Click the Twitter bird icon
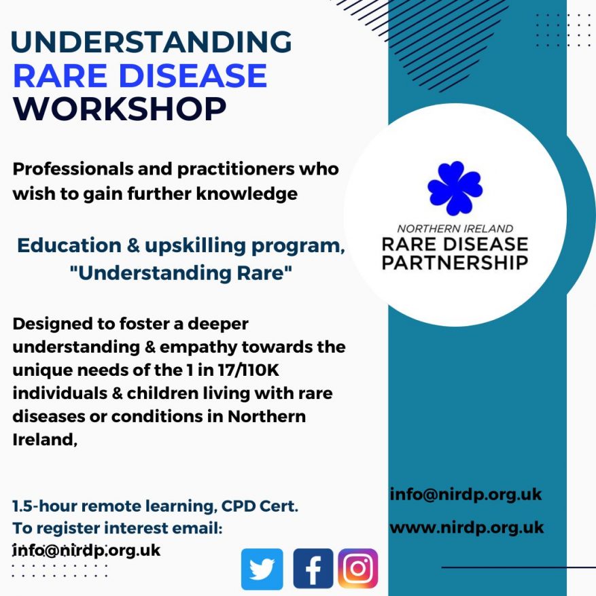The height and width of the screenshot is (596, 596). tap(262, 569)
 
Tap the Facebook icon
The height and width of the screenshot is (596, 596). tap(313, 569)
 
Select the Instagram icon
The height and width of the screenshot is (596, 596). tap(357, 568)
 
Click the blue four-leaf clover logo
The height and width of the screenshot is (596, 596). tap(455, 188)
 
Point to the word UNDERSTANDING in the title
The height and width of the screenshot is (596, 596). tap(152, 41)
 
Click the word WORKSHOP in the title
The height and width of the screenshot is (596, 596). tap(120, 109)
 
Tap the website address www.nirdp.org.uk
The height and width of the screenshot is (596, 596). tap(467, 527)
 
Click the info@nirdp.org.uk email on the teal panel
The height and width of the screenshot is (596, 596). tap(466, 495)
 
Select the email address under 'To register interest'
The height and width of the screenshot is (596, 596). tap(86, 550)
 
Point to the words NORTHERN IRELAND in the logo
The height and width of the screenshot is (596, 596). tap(455, 228)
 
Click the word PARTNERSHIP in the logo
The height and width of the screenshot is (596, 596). tap(455, 262)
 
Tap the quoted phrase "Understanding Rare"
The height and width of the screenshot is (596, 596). tap(181, 273)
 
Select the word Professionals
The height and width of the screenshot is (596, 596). tap(73, 169)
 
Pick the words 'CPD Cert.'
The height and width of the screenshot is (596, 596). tap(260, 506)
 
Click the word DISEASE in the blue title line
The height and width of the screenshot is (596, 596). tap(193, 75)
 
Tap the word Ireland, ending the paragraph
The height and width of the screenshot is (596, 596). tap(45, 440)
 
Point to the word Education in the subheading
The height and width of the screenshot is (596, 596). tap(69, 245)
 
